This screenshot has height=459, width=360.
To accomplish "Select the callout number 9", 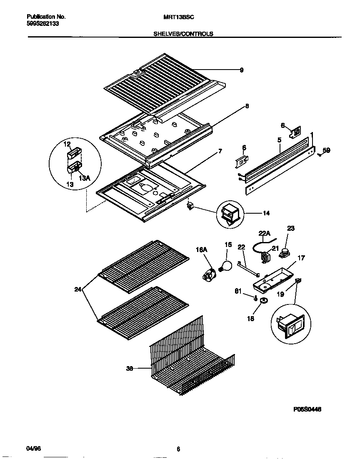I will click(242, 70).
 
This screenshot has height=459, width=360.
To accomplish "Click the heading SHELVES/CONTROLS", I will click(183, 34).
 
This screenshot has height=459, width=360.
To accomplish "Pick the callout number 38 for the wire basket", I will click(130, 368).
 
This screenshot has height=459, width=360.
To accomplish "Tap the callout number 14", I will click(266, 213).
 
